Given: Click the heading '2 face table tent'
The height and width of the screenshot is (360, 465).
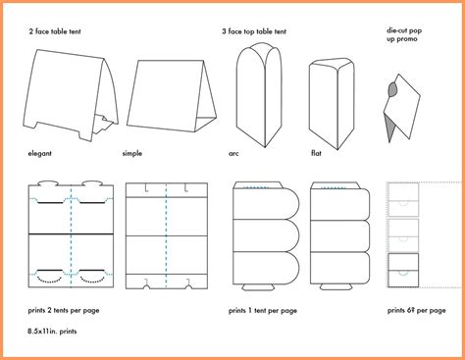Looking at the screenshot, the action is (x=55, y=31).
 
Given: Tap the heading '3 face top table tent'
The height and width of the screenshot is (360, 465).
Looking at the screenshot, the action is (x=254, y=31).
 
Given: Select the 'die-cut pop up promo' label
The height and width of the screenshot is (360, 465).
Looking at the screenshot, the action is (x=404, y=34).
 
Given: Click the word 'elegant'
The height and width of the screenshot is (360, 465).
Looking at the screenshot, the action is (x=39, y=153).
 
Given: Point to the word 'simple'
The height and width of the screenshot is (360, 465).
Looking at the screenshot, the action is (x=132, y=153).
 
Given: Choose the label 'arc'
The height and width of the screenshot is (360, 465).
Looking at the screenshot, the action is (x=233, y=153).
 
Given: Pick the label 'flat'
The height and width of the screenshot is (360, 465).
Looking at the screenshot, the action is (x=316, y=153).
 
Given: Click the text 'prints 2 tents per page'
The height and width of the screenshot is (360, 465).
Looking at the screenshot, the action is (x=64, y=310).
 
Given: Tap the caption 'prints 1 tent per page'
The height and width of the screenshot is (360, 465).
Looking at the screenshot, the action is (x=263, y=311).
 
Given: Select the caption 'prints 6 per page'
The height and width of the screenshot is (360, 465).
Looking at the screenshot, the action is (x=416, y=310).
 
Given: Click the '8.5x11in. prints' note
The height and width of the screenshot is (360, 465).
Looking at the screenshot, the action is (x=52, y=332).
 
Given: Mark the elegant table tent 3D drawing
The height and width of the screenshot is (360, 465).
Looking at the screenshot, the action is (x=71, y=95).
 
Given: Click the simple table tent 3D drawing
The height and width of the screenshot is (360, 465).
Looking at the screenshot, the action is (x=172, y=96).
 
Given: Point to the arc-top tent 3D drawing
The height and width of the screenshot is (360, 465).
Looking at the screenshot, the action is (x=259, y=95).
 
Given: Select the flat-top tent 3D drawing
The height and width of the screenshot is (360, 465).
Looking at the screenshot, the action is (x=332, y=104).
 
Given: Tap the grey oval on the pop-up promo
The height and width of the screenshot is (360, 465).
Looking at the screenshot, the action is (x=392, y=89).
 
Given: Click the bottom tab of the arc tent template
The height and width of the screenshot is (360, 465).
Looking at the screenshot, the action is (x=258, y=287).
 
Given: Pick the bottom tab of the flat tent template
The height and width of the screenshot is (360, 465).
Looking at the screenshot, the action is (x=336, y=286).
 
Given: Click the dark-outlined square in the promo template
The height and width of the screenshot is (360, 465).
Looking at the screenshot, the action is (x=403, y=270).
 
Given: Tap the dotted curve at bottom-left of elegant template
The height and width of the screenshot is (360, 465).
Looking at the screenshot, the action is (x=49, y=280).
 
